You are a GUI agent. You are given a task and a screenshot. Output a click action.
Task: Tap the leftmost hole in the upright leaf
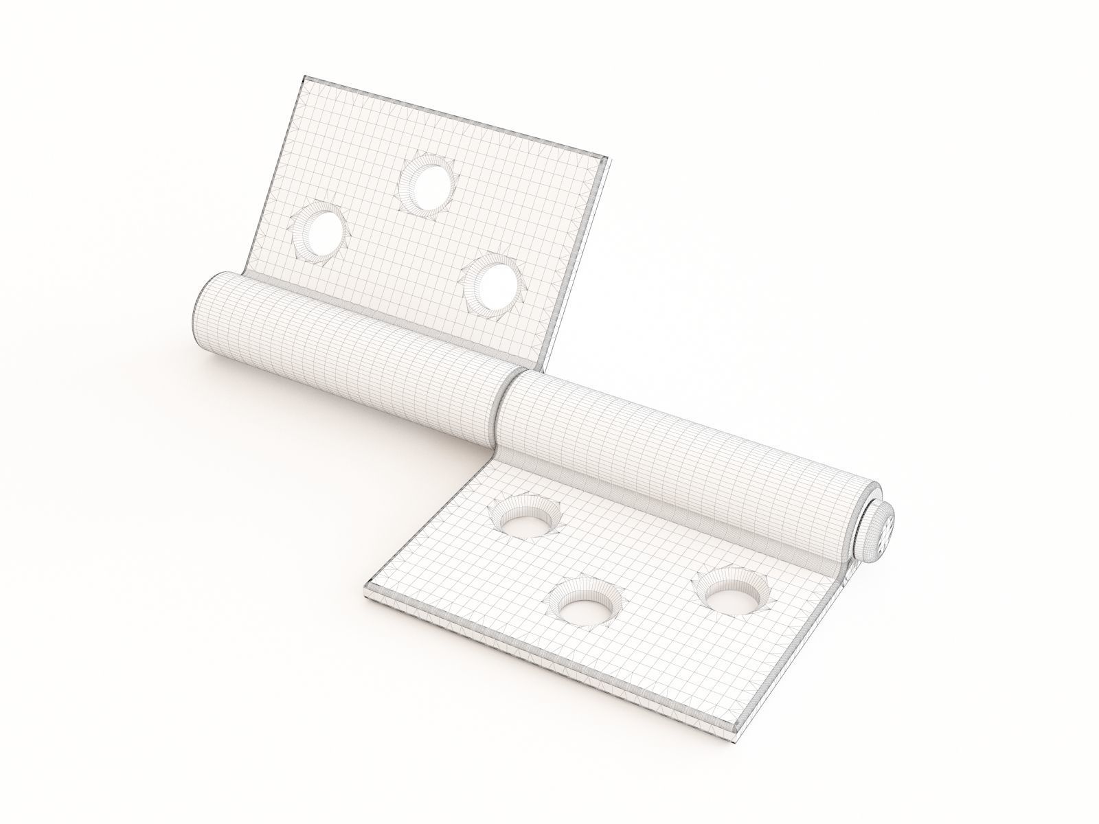(319, 236)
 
